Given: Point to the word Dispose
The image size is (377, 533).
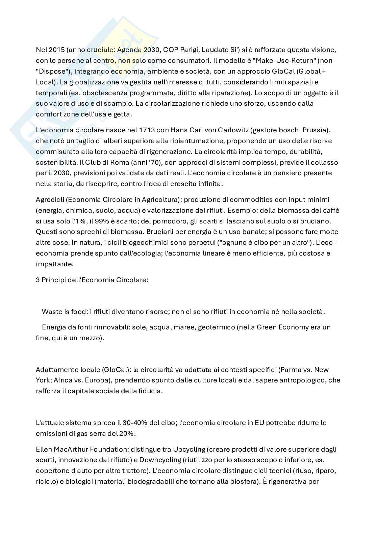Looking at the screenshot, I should [51, 71].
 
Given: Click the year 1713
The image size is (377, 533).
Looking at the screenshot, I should [131, 130].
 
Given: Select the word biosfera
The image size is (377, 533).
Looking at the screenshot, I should [244, 482].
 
